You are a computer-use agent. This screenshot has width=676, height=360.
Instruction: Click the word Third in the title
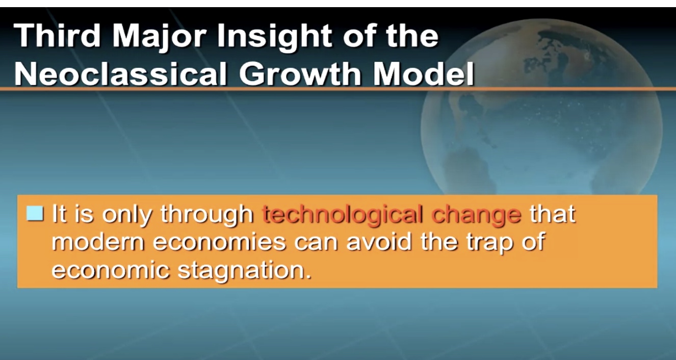tap(57, 36)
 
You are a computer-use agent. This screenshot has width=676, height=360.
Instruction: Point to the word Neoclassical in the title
tap(120, 73)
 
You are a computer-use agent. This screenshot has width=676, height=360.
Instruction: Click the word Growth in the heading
tap(300, 73)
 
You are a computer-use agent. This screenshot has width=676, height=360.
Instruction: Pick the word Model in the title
tap(423, 73)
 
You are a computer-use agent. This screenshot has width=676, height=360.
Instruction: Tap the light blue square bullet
tap(35, 214)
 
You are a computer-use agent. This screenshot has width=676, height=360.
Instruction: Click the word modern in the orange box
tap(98, 242)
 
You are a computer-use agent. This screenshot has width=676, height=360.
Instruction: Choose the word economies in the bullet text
tap(219, 242)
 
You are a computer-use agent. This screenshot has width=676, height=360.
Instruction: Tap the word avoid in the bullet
tap(379, 242)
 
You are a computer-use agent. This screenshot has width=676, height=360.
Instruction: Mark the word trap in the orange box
tap(489, 244)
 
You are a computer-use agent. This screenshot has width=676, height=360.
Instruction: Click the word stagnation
tap(244, 271)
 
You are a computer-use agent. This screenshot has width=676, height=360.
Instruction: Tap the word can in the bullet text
tap(316, 243)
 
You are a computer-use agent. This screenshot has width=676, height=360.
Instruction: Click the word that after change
tap(553, 214)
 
